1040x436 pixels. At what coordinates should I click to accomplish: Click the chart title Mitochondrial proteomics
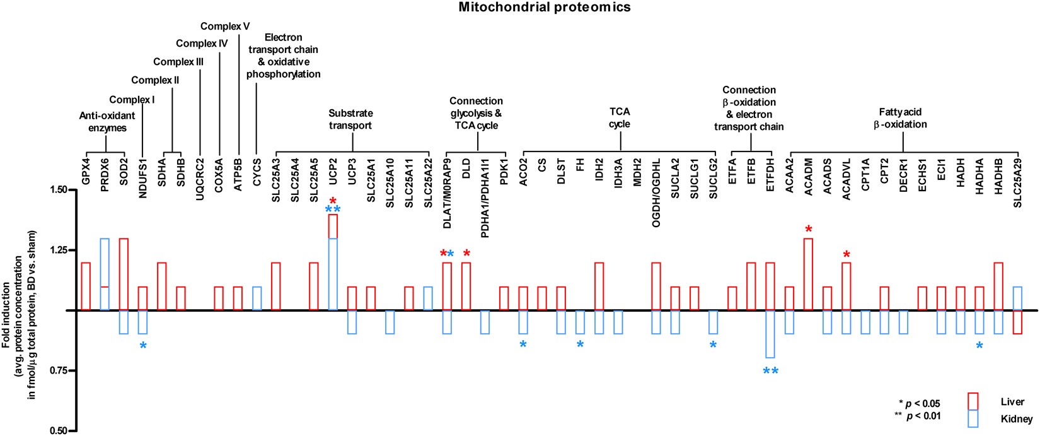point(544,8)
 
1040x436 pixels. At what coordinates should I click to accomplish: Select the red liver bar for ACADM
point(808,274)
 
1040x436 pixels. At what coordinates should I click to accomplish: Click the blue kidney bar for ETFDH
point(770,334)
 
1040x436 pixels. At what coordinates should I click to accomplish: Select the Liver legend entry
point(1012,402)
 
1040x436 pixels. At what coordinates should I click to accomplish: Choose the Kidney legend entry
point(1016,419)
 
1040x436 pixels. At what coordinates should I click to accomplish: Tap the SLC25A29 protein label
point(1017,184)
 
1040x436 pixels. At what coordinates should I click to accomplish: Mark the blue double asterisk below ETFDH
point(770,371)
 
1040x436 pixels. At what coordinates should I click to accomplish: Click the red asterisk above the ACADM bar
point(808,229)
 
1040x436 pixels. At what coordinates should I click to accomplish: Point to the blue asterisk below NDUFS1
point(143,345)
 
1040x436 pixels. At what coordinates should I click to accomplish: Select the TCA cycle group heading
point(619,118)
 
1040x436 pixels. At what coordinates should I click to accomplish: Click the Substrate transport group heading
point(350,119)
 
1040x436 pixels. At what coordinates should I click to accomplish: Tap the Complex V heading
point(225,27)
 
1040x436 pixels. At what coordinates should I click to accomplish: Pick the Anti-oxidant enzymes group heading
point(107,122)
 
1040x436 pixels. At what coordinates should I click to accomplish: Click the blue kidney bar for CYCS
point(257,298)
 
